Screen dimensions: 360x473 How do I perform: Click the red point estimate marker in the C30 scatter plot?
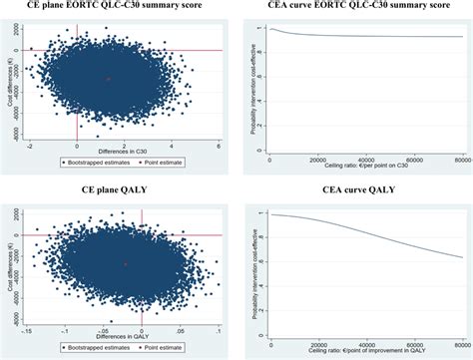click(109, 79)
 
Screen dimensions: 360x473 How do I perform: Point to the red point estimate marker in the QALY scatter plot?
click(125, 264)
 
